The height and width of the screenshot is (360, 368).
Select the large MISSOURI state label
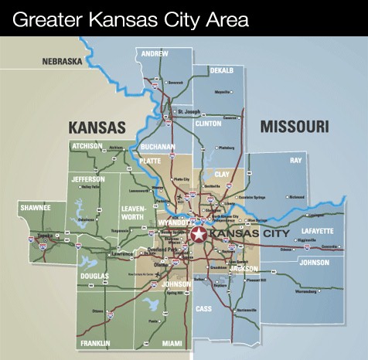294,126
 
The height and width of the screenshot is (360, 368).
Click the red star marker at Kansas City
199,233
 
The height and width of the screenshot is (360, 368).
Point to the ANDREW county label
155,54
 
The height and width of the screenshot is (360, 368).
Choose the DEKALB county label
222,70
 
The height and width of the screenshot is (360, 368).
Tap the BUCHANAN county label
158,145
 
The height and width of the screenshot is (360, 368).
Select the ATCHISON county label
87,145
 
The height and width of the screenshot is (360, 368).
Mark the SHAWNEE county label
36,208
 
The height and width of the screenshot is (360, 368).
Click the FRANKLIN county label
95,343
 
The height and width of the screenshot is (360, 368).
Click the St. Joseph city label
189,111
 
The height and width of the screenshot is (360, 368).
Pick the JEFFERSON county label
88,178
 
